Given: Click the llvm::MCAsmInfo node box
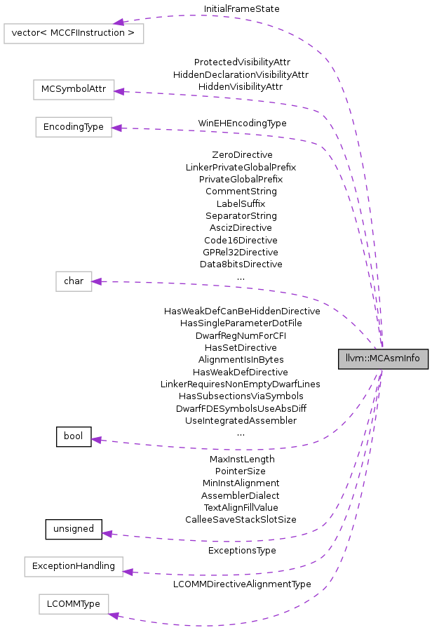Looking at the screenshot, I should tap(383, 358).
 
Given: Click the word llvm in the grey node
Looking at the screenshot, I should tap(352, 358).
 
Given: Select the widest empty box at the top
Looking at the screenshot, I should tap(74, 34).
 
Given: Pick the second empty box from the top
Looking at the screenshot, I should tap(74, 90).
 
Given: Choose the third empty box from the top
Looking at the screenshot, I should tap(74, 127).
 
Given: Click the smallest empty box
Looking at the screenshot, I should tap(74, 281).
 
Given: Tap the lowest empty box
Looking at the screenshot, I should tap(74, 604).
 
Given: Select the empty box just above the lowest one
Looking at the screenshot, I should tap(74, 567).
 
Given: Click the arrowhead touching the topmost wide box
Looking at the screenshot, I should tap(119, 22).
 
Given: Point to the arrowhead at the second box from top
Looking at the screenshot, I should tap(119, 91).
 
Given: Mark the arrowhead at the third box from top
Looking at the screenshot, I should tap(116, 128).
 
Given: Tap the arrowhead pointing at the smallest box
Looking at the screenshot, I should tap(97, 281).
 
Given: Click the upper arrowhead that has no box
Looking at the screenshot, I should tap(97, 440).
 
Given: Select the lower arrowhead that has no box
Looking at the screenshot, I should tap(107, 534).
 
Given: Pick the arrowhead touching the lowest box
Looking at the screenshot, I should tap(114, 615).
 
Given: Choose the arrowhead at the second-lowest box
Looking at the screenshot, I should tap(128, 572).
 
